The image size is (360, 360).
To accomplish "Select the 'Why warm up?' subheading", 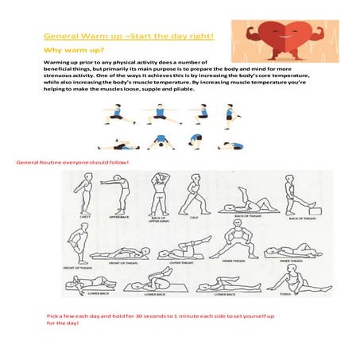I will (69, 49).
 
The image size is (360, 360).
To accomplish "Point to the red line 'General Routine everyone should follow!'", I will (72, 162).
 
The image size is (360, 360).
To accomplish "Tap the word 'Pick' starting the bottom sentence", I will (53, 316).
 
